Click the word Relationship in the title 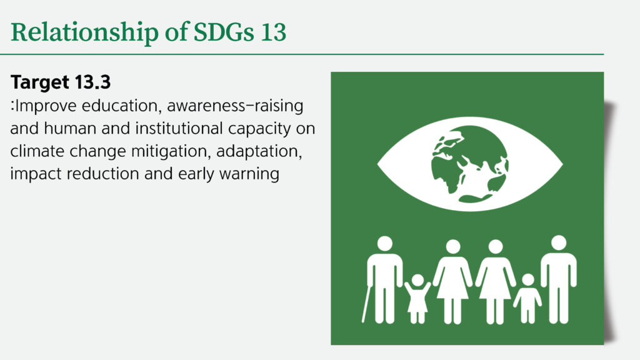(84, 32)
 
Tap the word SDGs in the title (223, 32)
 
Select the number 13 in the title (274, 32)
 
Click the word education (119, 106)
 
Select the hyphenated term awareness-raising (235, 106)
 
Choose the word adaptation (259, 152)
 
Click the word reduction (103, 174)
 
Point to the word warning (249, 174)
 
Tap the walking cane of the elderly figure (366, 304)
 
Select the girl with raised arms (417, 299)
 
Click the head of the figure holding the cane (384, 244)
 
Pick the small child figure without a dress (527, 299)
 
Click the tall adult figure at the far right (559, 279)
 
